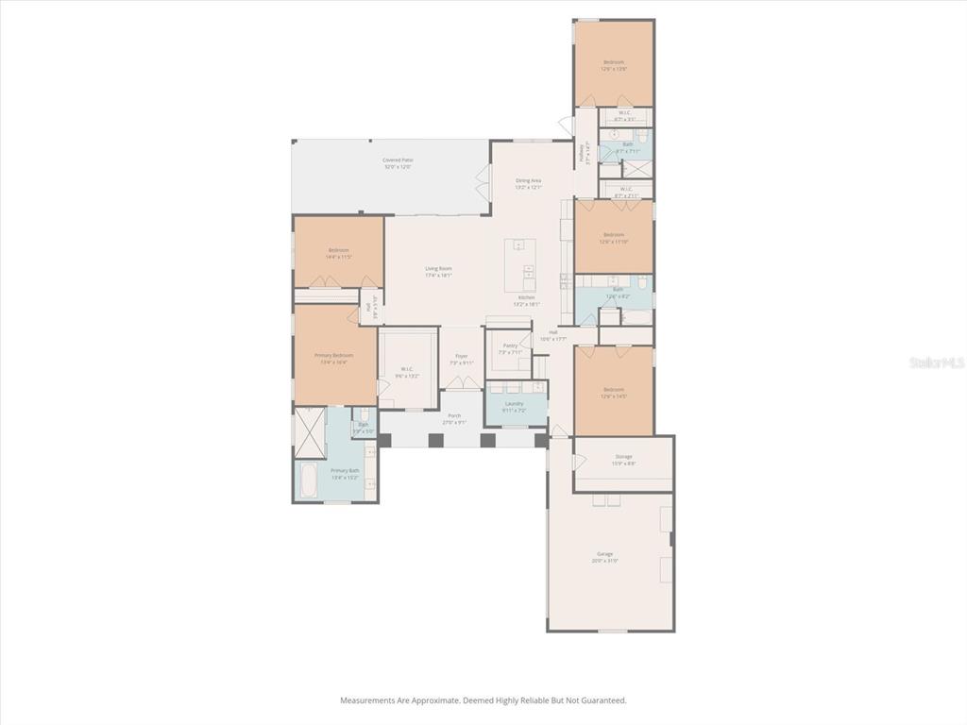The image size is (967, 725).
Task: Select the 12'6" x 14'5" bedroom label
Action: click(x=614, y=392)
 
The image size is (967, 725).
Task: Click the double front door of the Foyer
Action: click(x=462, y=382)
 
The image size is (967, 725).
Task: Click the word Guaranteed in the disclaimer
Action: click(x=603, y=700)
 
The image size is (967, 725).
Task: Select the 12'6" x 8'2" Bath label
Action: click(x=617, y=294)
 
